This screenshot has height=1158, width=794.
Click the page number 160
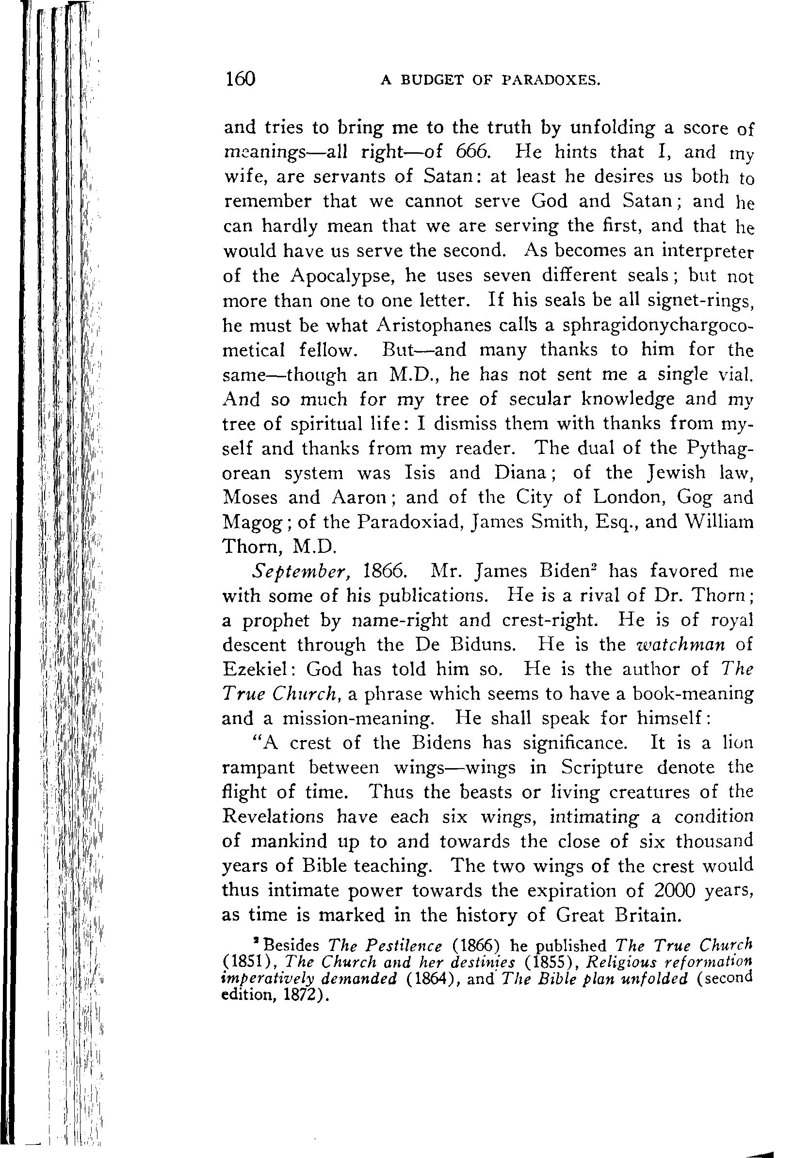click(240, 79)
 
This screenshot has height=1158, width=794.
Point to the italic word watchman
click(681, 645)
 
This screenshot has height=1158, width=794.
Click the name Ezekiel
click(259, 669)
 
